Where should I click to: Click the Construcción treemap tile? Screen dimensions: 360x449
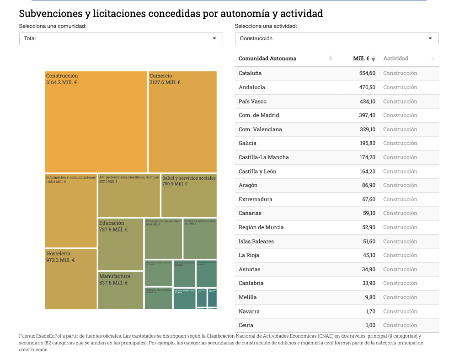point(96,122)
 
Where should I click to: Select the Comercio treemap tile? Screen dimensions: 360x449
point(182,122)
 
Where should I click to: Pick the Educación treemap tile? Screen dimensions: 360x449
point(121,244)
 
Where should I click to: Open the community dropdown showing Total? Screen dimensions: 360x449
point(121,38)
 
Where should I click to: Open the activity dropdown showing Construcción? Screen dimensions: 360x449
point(337,38)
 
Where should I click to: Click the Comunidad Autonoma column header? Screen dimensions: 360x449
point(267,59)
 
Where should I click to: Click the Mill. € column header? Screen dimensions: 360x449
point(361,59)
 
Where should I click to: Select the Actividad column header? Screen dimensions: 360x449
point(396,59)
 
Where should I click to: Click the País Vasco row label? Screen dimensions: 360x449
point(252,102)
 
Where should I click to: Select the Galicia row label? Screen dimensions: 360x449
point(247,143)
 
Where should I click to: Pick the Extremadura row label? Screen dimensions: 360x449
point(255,199)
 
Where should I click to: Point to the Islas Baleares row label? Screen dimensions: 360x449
point(256,242)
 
